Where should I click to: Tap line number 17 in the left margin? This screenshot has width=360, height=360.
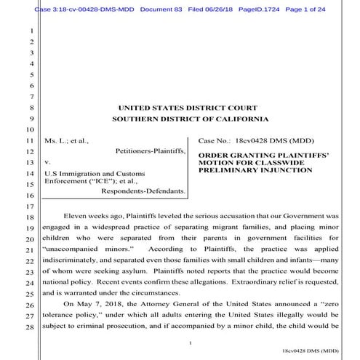31,207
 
